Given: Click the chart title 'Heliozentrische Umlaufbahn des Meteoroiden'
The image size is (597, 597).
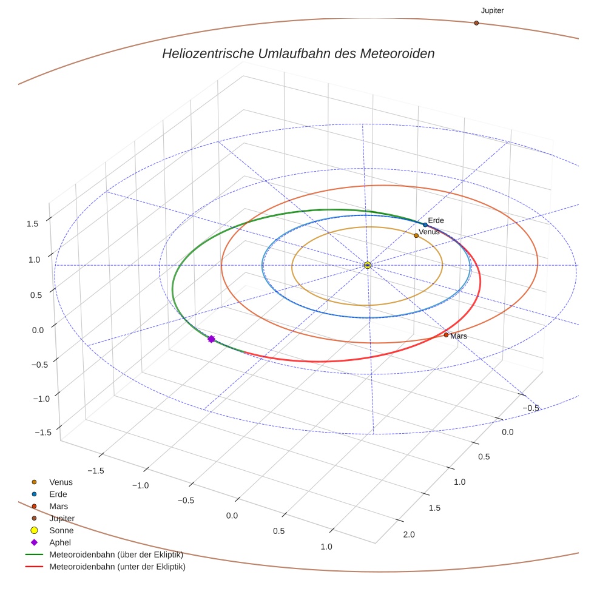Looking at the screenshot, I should (298, 53).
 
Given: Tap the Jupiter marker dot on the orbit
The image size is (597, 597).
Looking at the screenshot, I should (476, 23).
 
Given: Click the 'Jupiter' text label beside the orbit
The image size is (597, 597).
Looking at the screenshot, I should (492, 10).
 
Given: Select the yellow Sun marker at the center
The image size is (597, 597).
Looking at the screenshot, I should (368, 265).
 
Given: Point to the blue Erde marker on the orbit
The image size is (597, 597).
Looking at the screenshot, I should (425, 224).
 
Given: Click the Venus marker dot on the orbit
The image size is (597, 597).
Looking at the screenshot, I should (416, 235).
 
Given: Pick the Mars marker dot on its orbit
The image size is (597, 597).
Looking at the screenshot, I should (446, 335).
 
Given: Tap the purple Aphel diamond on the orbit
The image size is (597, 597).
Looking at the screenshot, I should (211, 339).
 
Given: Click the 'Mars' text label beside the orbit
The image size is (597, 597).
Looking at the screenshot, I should (459, 336).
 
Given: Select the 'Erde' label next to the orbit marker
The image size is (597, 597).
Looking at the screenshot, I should (436, 220).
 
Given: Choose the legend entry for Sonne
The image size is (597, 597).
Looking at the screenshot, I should (61, 530).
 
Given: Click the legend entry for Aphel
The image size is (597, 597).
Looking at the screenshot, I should (60, 542).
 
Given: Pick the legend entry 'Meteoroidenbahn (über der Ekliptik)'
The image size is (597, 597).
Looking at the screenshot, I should (116, 555).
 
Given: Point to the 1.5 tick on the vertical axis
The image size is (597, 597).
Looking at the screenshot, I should (33, 223).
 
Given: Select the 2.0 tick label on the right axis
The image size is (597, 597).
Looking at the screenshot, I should (409, 535).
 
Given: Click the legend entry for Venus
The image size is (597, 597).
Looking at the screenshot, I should (61, 482).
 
